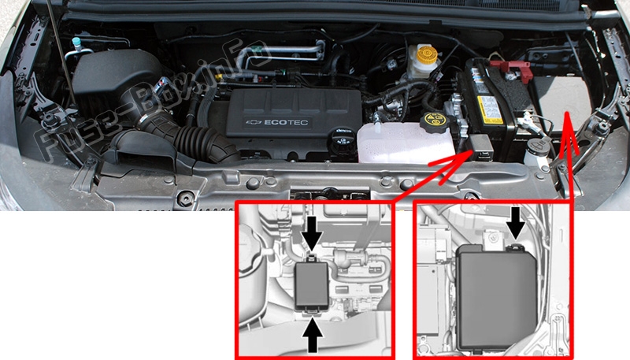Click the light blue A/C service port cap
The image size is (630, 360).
click(76, 41)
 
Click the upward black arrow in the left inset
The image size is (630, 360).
click(313, 337)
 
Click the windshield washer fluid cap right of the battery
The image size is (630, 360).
click(539, 147)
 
